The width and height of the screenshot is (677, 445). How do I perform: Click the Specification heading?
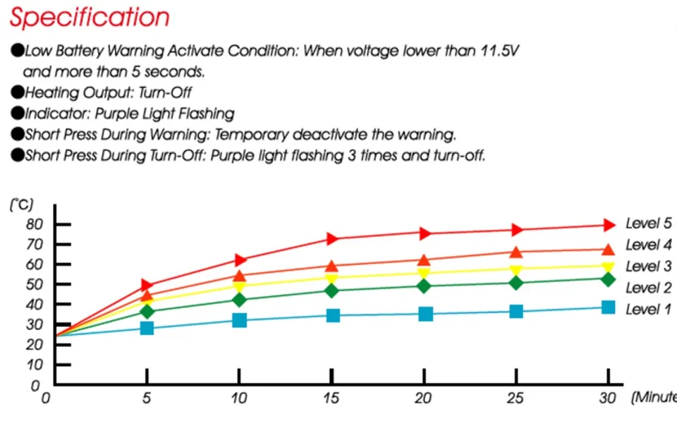[90, 17]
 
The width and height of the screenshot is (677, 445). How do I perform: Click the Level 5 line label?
[648, 224]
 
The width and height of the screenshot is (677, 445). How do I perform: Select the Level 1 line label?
[648, 309]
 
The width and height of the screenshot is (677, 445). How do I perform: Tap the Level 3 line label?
[648, 267]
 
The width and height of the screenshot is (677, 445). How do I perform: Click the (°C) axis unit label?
[21, 205]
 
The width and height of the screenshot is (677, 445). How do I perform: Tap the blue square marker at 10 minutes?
[239, 320]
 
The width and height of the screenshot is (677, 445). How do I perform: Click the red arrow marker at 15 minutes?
[332, 238]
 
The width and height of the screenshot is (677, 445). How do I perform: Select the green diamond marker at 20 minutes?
[425, 286]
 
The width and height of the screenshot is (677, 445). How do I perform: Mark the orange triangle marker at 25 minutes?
[516, 252]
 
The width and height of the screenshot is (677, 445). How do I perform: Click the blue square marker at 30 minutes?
[609, 307]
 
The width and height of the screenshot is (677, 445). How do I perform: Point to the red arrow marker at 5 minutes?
[147, 285]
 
